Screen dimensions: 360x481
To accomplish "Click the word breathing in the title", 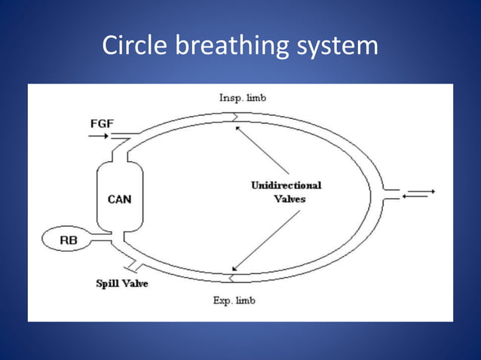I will point(231,47).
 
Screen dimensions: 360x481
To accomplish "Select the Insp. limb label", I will point(243,98).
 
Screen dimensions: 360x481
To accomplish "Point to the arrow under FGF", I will point(98,137).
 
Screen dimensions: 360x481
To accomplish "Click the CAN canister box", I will point(119,199).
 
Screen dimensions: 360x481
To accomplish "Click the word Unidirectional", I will point(286,185).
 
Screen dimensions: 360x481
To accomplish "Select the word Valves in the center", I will point(287,200).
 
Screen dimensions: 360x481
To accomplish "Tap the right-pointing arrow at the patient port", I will point(423,191).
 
